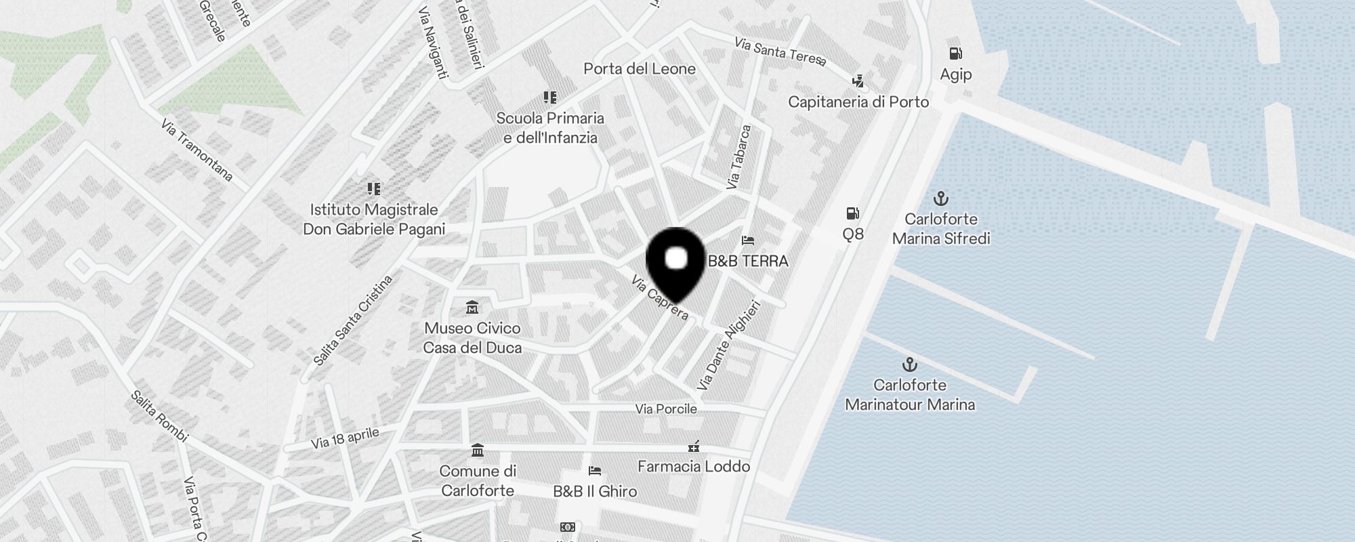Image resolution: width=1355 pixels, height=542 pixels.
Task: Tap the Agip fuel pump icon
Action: coord(955,54)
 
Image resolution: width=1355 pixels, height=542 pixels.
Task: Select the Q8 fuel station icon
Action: coord(852,213)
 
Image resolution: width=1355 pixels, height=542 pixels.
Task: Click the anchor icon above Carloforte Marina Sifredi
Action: coord(940,199)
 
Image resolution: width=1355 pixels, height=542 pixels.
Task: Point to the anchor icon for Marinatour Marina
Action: coord(910,364)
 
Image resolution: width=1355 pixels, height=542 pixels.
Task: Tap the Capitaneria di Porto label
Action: coord(858,102)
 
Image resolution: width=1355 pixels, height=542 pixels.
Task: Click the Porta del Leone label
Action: coord(640,68)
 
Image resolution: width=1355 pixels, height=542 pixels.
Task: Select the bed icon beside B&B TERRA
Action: coord(747,241)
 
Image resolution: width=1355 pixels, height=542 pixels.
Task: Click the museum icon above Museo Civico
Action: coord(472,308)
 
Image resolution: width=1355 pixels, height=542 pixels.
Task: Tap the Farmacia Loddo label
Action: coord(694,466)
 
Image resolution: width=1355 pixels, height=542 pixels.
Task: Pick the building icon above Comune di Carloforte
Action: coord(477,451)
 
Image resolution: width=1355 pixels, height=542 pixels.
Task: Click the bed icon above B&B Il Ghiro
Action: coord(595,470)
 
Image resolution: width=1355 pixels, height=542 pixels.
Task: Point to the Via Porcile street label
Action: coord(666,409)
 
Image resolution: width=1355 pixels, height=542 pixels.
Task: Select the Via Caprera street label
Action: coord(660,297)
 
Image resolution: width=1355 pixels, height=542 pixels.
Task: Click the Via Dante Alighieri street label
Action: coord(729,346)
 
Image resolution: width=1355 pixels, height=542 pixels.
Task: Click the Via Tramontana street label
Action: coord(197,151)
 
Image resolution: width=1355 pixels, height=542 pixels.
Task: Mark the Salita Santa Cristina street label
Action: coord(353,320)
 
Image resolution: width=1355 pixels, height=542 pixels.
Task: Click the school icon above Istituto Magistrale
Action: coord(373,188)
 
